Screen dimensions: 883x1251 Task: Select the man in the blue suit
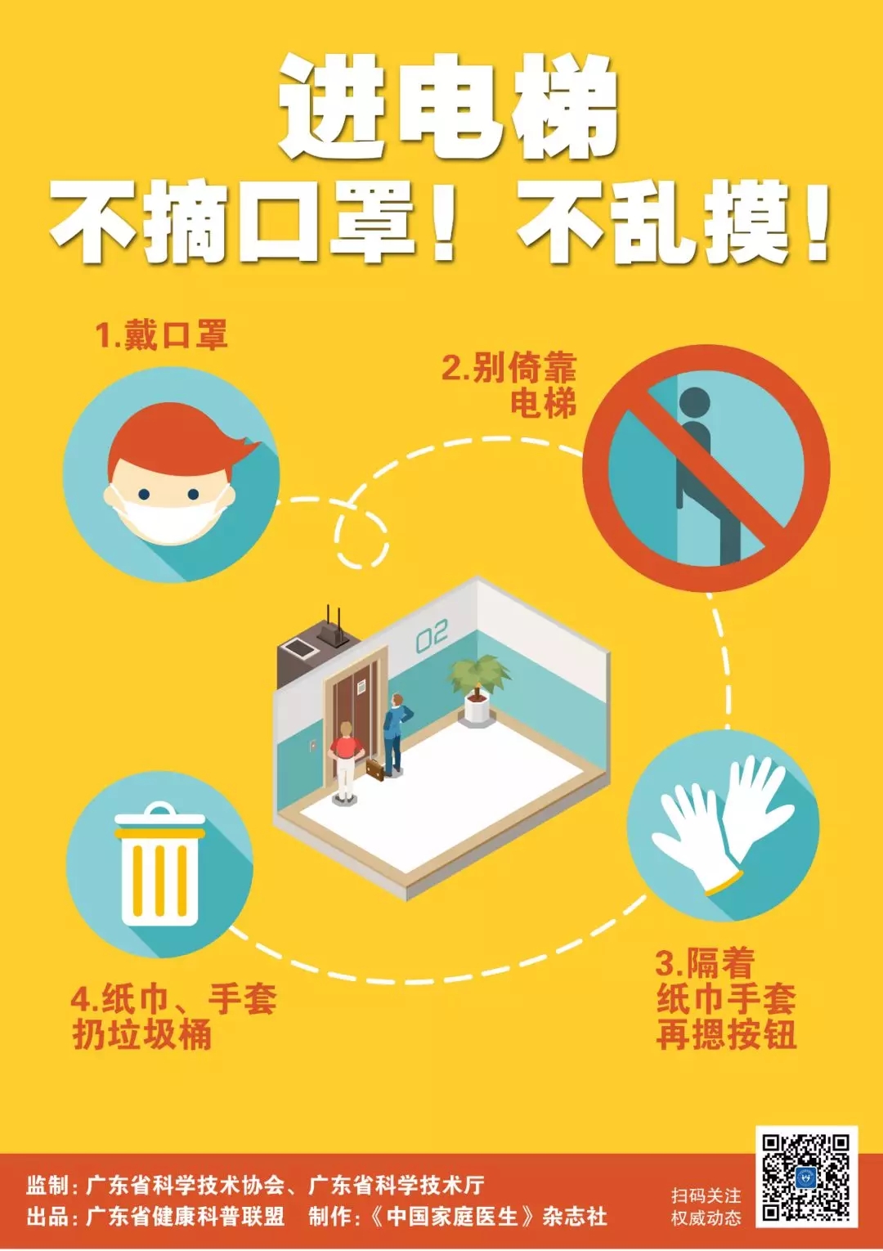pyautogui.click(x=396, y=733)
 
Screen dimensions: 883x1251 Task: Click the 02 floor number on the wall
pyautogui.click(x=432, y=636)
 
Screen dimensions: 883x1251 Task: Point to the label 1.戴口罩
pyautogui.click(x=161, y=334)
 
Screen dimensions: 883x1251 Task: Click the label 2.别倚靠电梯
pyautogui.click(x=509, y=385)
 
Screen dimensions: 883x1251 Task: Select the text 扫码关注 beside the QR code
pyautogui.click(x=706, y=1195)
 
